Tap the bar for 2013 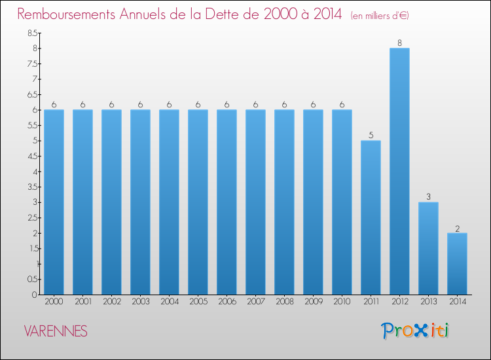click(x=428, y=248)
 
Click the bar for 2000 click(x=54, y=202)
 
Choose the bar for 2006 click(x=227, y=202)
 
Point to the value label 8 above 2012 click(x=399, y=43)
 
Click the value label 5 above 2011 click(x=371, y=135)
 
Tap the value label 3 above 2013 click(x=428, y=197)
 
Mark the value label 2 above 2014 click(x=457, y=228)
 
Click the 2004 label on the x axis click(x=169, y=302)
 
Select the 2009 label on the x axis click(x=313, y=302)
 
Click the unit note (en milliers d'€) click(x=380, y=15)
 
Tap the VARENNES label click(x=56, y=331)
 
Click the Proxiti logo click(x=416, y=331)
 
